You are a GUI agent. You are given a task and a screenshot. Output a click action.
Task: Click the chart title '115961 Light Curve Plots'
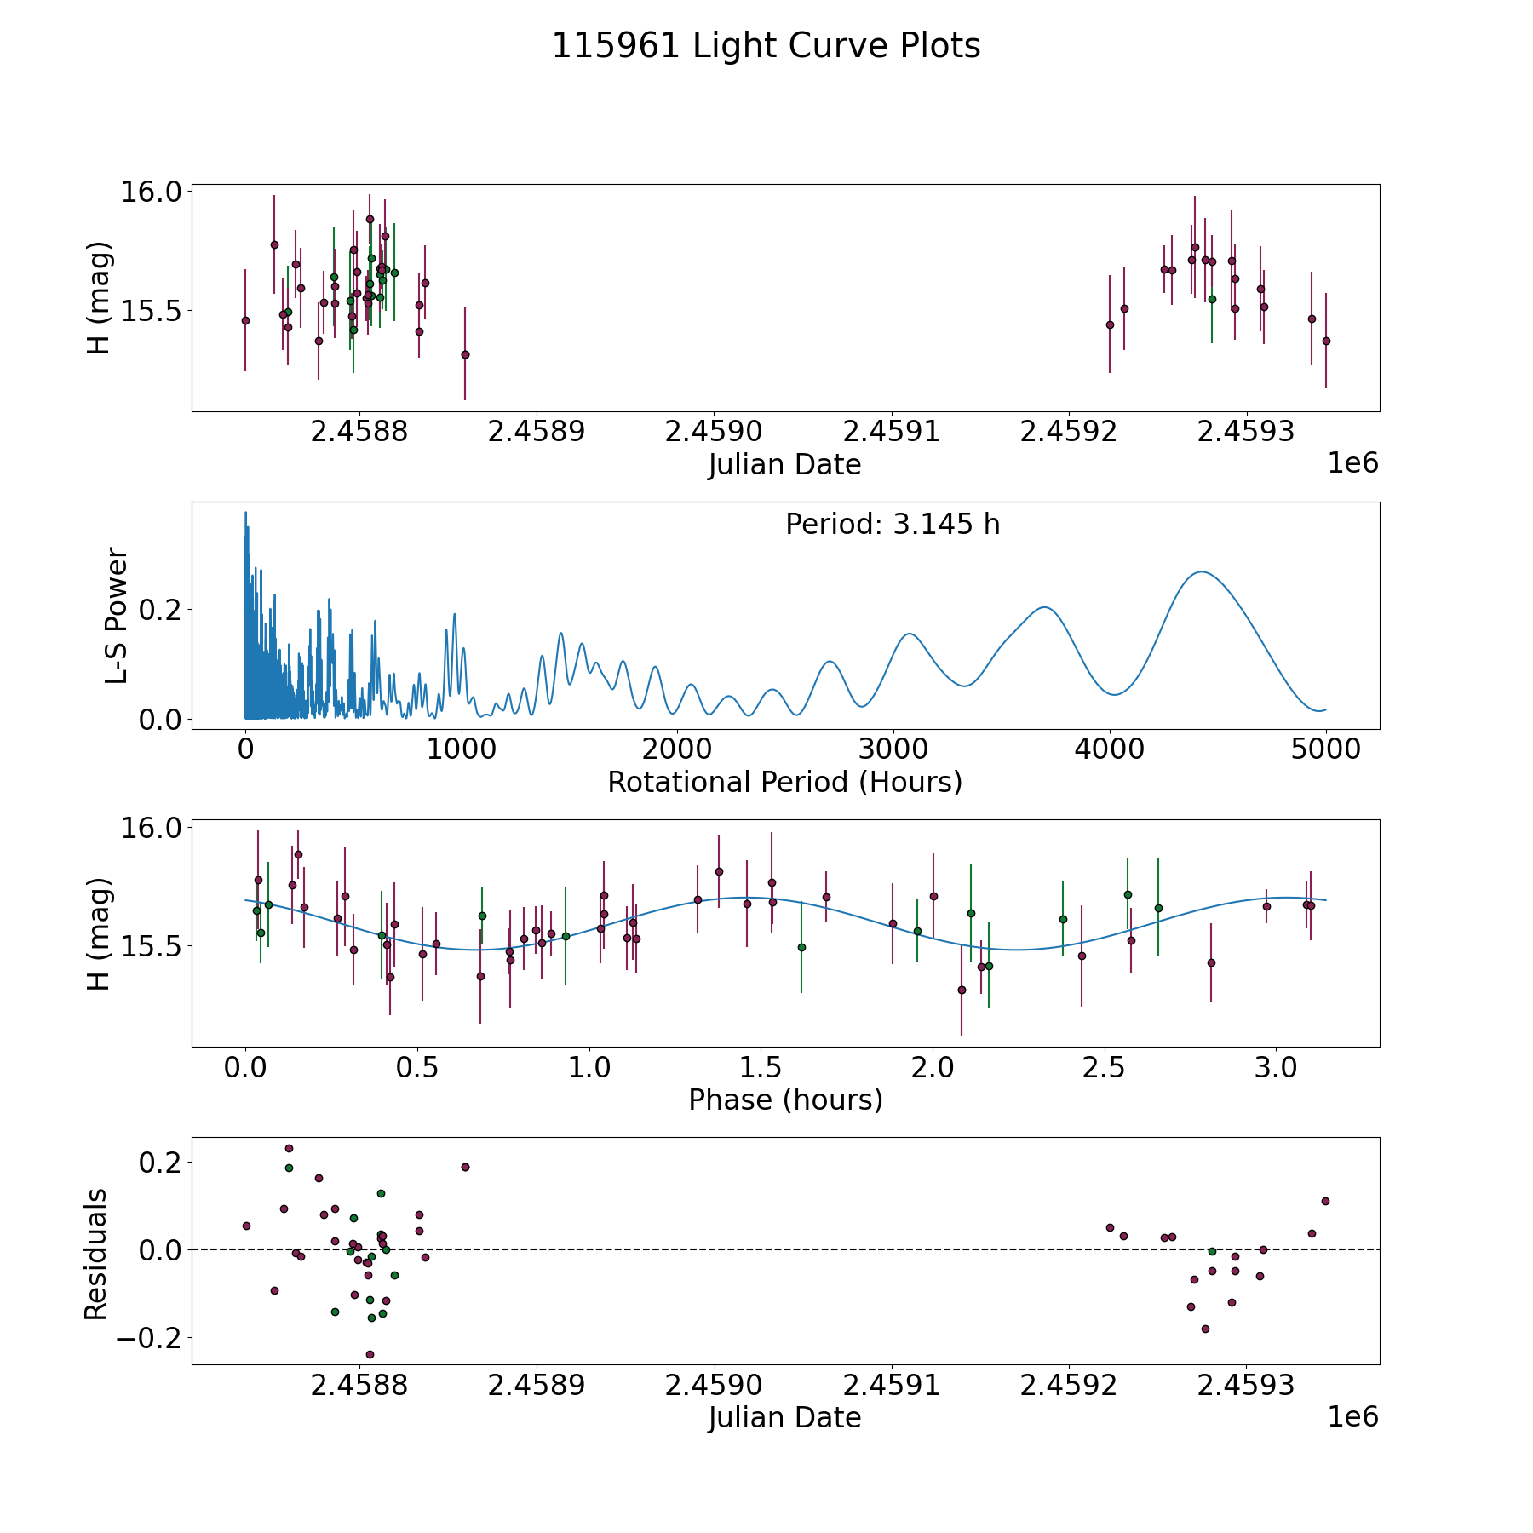coord(766,46)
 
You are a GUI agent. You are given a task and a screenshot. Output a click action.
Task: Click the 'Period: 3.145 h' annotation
coord(893,524)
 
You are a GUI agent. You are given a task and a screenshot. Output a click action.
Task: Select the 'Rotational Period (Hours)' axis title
coord(784,782)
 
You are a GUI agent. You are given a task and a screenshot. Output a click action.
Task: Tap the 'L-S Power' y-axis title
coord(117,616)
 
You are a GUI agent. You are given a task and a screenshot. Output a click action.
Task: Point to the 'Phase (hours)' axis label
coord(785,1100)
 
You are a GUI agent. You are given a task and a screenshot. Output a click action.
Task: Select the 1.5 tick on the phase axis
coord(761,1067)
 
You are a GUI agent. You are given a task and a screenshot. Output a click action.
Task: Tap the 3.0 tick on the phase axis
coord(1276,1067)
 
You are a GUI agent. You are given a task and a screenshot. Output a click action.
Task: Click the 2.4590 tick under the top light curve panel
coord(714,432)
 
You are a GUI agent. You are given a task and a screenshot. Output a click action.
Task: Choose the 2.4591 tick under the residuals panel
coord(892,1386)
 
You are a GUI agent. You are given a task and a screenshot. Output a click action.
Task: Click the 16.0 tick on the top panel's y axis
coord(152,192)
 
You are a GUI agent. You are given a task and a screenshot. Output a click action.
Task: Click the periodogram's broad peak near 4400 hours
coord(1201,572)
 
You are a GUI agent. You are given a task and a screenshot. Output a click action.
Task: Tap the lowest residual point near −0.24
coord(370,1354)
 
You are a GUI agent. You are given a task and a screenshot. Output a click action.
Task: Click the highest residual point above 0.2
coord(289,1148)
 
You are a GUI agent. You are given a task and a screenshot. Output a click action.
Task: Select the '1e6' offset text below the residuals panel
coord(1352,1417)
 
